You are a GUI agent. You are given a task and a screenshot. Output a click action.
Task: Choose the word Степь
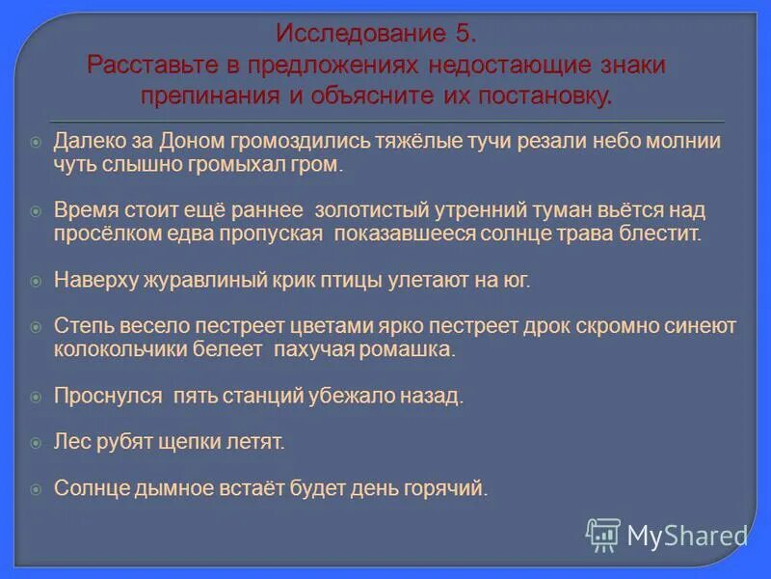point(79,326)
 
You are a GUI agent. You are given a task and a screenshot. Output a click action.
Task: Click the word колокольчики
point(116,349)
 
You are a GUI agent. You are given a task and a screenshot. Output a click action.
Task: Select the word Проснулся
point(108,397)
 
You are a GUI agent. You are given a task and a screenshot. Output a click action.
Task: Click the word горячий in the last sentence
point(452,489)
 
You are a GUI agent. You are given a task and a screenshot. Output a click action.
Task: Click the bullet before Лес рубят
point(36,443)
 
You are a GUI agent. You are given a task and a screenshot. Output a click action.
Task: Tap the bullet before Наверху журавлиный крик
point(36,281)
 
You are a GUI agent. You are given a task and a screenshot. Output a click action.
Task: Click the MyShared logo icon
point(603,535)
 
